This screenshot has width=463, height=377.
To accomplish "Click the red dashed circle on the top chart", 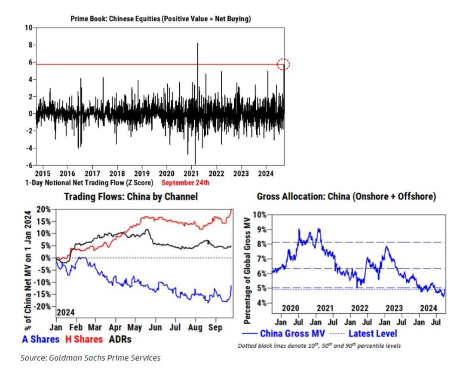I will coord(283,64).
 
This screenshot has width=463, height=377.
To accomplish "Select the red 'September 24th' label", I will coord(185,183).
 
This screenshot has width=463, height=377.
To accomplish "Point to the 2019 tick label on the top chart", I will coord(142,174).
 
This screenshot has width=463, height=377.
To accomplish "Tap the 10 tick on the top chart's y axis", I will coord(28,28).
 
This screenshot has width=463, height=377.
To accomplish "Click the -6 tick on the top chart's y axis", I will coord(28,166).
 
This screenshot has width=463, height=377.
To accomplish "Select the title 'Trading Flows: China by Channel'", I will coord(131,197).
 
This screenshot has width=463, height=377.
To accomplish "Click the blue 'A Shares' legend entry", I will coord(40,339).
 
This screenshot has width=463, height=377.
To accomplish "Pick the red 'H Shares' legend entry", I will coord(84,339).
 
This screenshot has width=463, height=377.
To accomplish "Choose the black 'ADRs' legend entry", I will coord(120,339).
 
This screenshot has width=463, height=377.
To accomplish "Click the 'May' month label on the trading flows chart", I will coord(135,328).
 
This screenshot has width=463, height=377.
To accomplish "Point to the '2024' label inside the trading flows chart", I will coord(66,312).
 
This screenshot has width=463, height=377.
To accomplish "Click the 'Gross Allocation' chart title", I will coord(346,196).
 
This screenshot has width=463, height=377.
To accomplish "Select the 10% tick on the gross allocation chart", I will coord(259,215).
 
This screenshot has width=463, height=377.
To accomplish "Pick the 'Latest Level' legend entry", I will coord(372,333).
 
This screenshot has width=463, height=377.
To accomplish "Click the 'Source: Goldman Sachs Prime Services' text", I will coord(90,358).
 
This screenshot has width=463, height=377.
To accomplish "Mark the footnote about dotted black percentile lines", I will coord(319,346).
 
